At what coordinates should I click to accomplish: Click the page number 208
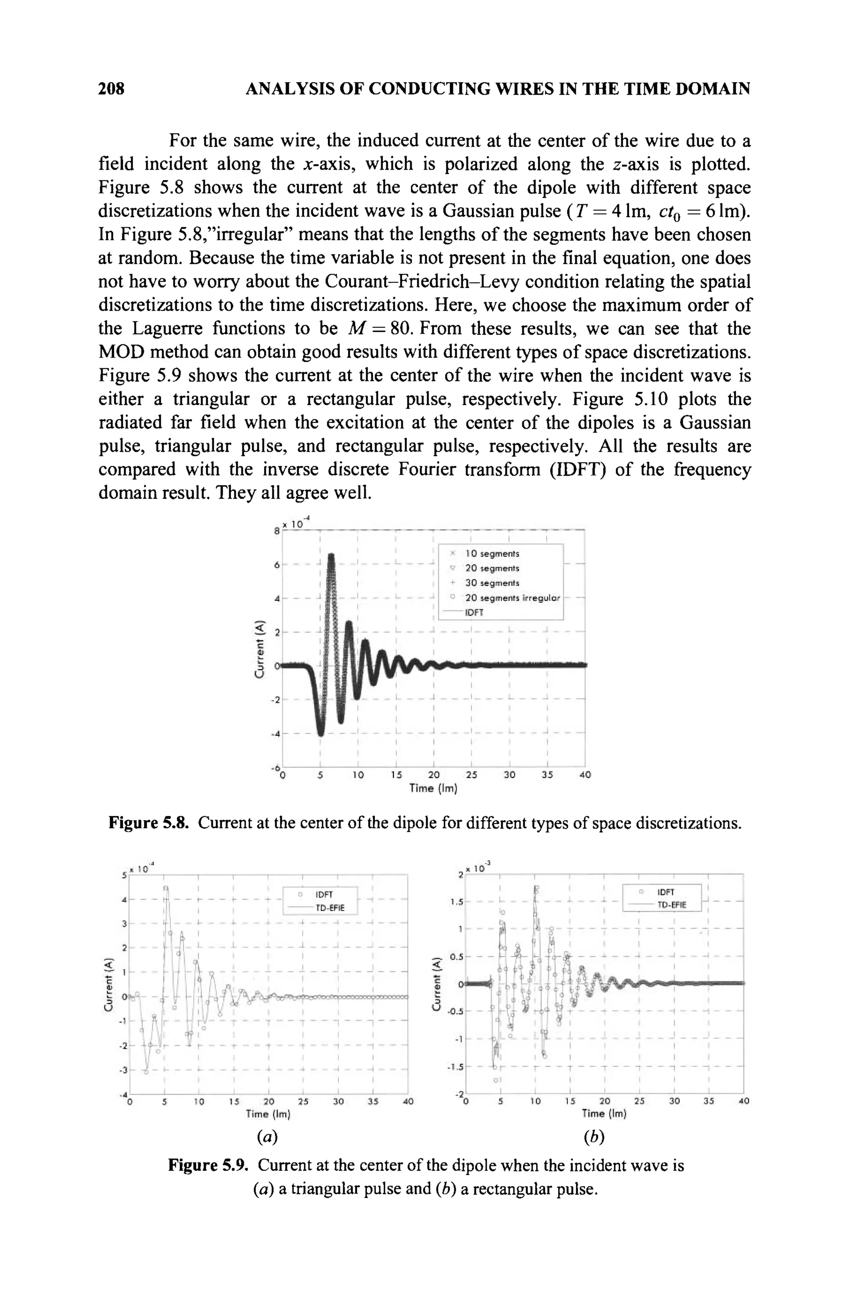click(x=112, y=89)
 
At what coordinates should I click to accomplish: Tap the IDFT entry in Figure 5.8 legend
click(x=474, y=613)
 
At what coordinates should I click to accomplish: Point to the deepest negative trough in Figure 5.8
click(x=321, y=733)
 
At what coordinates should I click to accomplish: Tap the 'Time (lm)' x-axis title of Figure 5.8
click(x=433, y=788)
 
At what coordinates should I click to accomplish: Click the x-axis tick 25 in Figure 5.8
click(x=471, y=775)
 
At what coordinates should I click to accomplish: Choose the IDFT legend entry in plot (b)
click(x=666, y=892)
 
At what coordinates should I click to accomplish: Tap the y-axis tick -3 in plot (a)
click(x=124, y=1070)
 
